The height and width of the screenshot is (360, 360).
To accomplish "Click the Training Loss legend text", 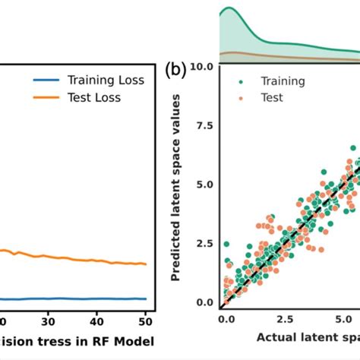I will coord(109,79).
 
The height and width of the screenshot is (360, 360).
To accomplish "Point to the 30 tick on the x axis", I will coord(48,321).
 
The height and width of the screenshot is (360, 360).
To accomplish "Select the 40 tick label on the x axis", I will coord(96,321).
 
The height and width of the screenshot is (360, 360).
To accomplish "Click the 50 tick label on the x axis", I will coord(143,321).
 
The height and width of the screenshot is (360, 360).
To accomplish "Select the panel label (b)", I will coord(175,71).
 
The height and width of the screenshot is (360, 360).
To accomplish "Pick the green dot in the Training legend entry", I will coord(241,81).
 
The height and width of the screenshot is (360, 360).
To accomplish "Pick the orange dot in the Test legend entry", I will coord(241,97).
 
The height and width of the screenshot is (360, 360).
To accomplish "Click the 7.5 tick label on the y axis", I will coord(204,125).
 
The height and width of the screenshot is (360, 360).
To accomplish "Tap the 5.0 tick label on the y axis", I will coord(204,185).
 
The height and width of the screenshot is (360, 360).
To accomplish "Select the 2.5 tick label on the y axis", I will coord(204,244).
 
